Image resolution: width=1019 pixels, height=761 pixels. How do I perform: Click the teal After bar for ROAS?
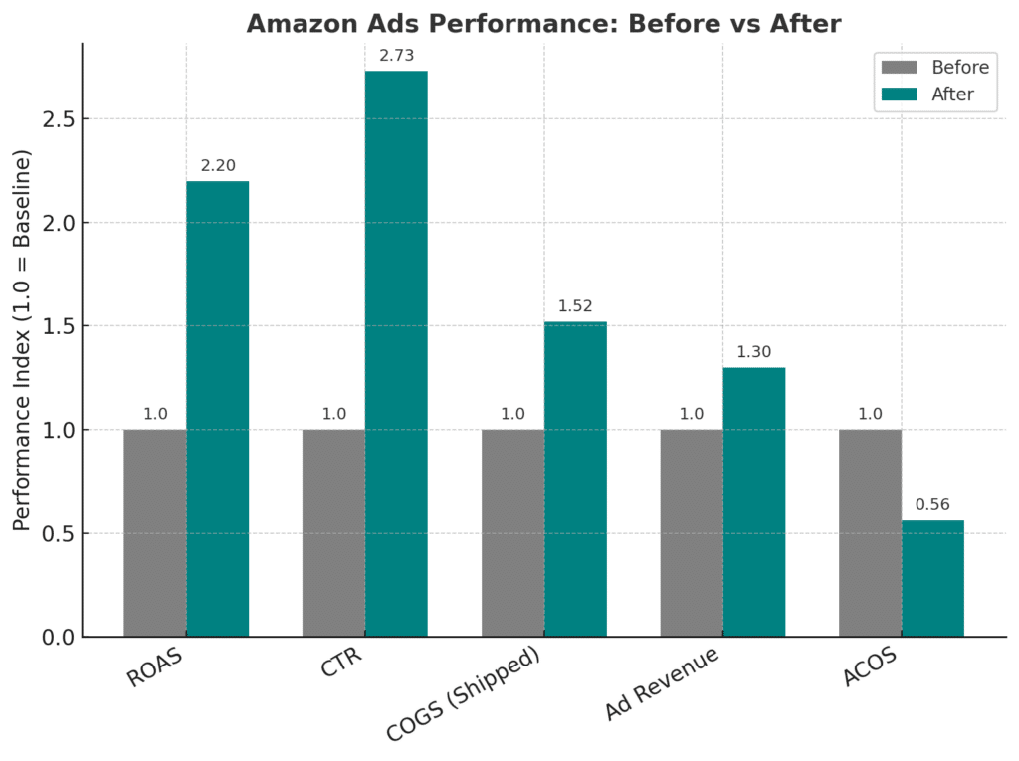click(x=217, y=408)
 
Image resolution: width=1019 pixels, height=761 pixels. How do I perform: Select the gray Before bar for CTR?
click(x=333, y=532)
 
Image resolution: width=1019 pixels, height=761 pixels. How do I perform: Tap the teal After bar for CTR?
click(x=396, y=353)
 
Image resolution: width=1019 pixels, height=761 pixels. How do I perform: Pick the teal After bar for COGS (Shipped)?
click(x=575, y=478)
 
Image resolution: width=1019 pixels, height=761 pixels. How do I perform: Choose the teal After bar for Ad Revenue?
click(x=754, y=501)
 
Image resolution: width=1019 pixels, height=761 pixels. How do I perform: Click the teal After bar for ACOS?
click(x=932, y=578)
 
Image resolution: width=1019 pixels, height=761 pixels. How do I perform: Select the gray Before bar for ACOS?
click(x=870, y=532)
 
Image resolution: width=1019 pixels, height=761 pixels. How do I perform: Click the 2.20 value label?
click(x=218, y=165)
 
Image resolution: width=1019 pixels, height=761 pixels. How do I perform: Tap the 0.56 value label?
click(x=932, y=504)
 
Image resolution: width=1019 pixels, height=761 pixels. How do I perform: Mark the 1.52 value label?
click(x=575, y=305)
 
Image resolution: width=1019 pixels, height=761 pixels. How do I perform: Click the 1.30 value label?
click(x=754, y=351)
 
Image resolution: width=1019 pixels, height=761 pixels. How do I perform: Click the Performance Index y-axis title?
click(x=23, y=340)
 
